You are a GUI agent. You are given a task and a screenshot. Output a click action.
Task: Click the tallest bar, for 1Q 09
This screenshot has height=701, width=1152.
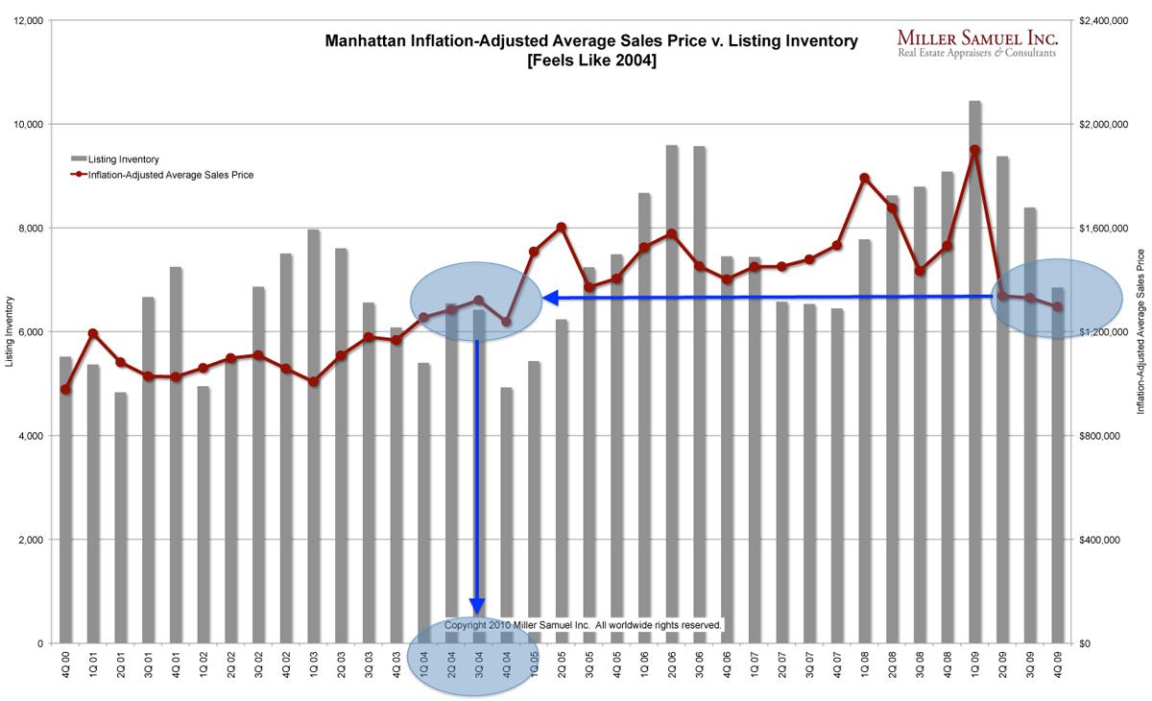coord(974,375)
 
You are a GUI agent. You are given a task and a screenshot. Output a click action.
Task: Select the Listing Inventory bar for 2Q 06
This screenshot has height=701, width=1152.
coord(672,394)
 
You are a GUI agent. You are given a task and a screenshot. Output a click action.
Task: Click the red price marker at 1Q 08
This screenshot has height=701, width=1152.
coord(864,178)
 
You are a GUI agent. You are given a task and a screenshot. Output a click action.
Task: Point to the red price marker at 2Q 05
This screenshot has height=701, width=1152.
coord(562,228)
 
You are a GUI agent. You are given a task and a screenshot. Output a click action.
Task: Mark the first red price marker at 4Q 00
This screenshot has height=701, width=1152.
coord(65,389)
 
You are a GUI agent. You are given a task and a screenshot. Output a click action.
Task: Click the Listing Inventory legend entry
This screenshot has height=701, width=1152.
coord(115,159)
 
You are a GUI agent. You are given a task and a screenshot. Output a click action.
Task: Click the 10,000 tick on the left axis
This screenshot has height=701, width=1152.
coord(28,125)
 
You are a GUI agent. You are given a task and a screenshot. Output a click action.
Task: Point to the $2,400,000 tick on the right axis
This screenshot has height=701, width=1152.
coord(1103,20)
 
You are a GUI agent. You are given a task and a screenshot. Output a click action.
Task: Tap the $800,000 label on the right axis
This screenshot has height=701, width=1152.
coord(1099,436)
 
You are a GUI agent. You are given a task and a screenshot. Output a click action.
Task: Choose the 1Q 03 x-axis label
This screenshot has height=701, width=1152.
coord(314,665)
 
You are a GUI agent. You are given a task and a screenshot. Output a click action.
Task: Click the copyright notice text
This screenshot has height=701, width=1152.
coord(583,625)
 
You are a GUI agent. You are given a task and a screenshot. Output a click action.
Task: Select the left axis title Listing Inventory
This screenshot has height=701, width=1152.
coord(9,331)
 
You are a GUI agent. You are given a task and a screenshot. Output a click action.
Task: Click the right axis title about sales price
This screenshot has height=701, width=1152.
coord(1140,331)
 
